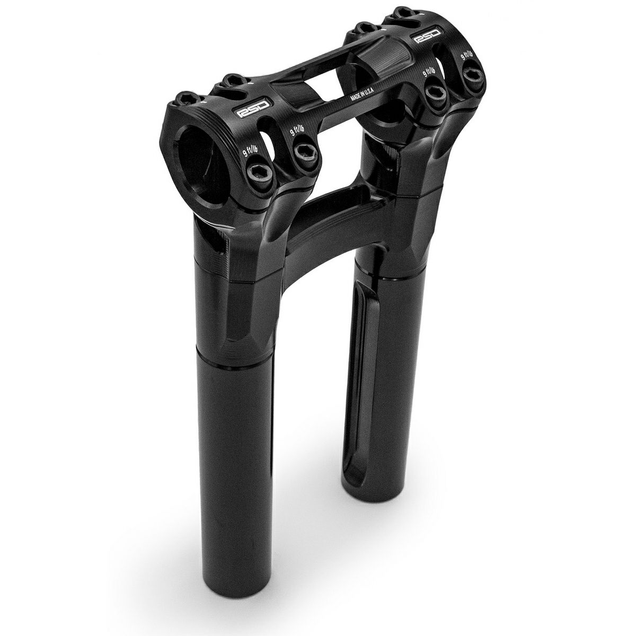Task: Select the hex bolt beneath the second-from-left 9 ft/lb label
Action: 305,152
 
